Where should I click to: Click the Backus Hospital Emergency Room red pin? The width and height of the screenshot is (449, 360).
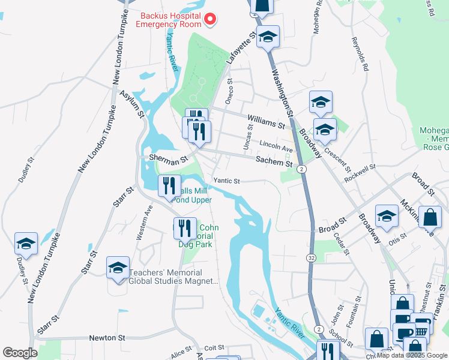click(x=210, y=19)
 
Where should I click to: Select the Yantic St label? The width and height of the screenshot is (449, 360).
click(x=227, y=181)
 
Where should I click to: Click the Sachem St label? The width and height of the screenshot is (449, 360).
click(x=274, y=161)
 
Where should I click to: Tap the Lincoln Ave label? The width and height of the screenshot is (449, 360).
click(x=276, y=146)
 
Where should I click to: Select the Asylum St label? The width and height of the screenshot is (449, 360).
click(x=132, y=103)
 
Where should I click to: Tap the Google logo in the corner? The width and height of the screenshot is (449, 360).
click(x=20, y=353)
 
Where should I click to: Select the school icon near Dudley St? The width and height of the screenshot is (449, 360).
click(x=26, y=244)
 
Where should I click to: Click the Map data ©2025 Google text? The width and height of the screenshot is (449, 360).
click(x=412, y=355)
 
